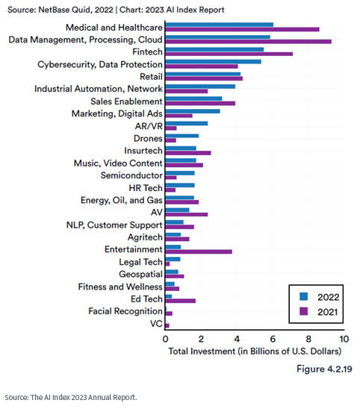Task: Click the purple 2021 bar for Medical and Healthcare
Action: tap(242, 29)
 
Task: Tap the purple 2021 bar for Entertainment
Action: tap(199, 252)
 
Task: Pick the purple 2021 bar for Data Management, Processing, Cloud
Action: tap(248, 42)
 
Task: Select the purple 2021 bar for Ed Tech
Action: tap(180, 301)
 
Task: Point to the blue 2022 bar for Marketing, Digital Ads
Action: tap(192, 111)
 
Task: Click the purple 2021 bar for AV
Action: tap(186, 214)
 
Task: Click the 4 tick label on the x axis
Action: tap(237, 338)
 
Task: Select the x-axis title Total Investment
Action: tap(254, 350)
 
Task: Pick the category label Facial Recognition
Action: tap(125, 310)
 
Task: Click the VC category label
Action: tap(155, 323)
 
